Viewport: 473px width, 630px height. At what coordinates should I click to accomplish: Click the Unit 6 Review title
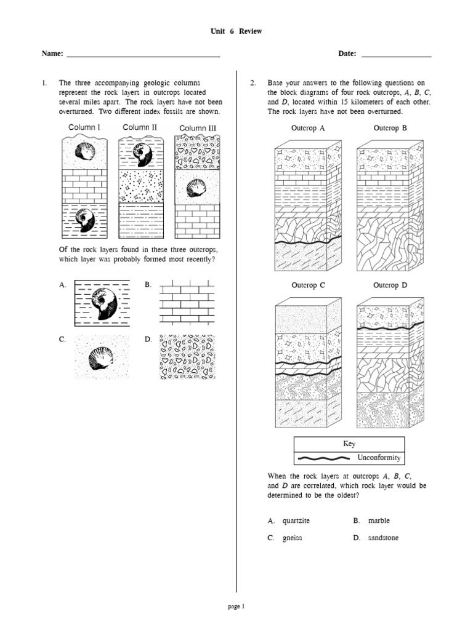[236, 31]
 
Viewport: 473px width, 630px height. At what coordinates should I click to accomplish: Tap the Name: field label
[52, 54]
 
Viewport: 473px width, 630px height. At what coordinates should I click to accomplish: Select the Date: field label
[347, 54]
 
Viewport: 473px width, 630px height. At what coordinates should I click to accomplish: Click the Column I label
[84, 127]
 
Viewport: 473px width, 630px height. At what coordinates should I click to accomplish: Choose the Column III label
[197, 128]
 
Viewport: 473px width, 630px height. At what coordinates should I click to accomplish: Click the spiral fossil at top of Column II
[143, 151]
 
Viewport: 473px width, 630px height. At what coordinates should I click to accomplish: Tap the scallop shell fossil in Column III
[196, 187]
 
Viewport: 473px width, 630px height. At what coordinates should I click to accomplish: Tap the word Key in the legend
[349, 444]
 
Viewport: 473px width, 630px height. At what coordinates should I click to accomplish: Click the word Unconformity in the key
[379, 458]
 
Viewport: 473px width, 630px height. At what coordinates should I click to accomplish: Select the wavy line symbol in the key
[325, 458]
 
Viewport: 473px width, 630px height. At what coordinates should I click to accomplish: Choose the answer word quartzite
[296, 520]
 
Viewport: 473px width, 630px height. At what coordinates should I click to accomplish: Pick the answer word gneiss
[293, 538]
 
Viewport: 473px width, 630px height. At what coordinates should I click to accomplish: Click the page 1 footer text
[236, 606]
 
